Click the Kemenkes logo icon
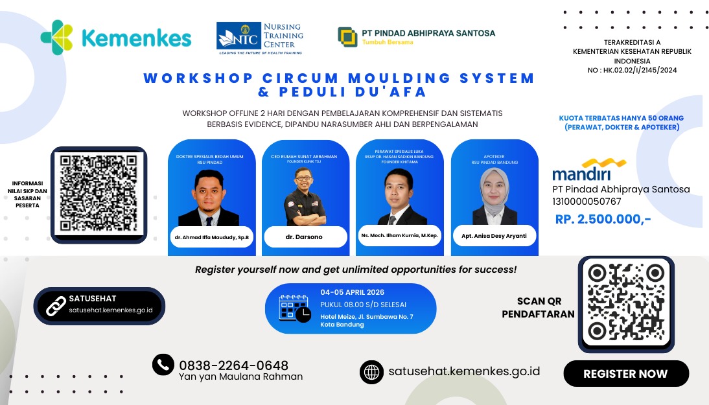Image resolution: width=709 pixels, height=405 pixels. pos(56,38)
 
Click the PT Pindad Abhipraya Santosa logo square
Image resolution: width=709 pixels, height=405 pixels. pos(347,37)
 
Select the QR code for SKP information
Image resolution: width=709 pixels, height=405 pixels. pos(99,194)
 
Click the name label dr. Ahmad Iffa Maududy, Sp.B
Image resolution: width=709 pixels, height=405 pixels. pos(211,237)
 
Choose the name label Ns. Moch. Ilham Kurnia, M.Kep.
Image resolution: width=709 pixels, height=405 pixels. pos(399,235)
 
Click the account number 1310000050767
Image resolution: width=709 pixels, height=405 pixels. pos(587,202)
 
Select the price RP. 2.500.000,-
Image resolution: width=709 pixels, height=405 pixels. pos(603,219)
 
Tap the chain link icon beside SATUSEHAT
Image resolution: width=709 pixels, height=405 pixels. pos(56,305)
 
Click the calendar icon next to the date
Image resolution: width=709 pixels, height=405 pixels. pos(294,308)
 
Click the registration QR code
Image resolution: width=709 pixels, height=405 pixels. pos(626,304)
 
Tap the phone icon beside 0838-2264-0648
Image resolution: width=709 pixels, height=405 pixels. pos(163,365)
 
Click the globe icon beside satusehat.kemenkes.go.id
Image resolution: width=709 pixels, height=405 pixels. pos(371,372)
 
